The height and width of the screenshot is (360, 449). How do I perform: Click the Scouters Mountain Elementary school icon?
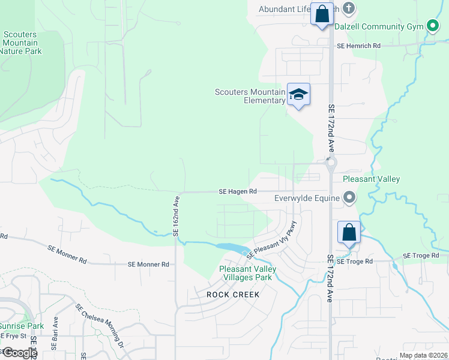[x=298, y=94]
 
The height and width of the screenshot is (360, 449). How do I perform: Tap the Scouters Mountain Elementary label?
[x=250, y=96]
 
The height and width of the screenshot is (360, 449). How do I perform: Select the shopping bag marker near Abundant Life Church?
[x=322, y=14]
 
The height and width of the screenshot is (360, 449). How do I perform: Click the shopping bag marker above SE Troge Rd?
[x=349, y=232]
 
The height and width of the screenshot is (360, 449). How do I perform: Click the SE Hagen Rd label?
[x=238, y=191]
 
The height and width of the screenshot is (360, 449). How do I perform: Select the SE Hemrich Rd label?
[x=358, y=46]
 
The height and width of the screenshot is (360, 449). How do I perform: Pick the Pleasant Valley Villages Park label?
[x=247, y=274]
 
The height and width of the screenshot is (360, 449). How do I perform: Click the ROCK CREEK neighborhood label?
[x=233, y=295]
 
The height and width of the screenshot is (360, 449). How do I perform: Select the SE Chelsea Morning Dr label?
[x=100, y=326]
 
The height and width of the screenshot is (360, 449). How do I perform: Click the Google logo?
[x=19, y=353]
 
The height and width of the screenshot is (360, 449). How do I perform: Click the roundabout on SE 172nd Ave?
[x=330, y=163]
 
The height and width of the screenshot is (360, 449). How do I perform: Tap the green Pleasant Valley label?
[x=371, y=179]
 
